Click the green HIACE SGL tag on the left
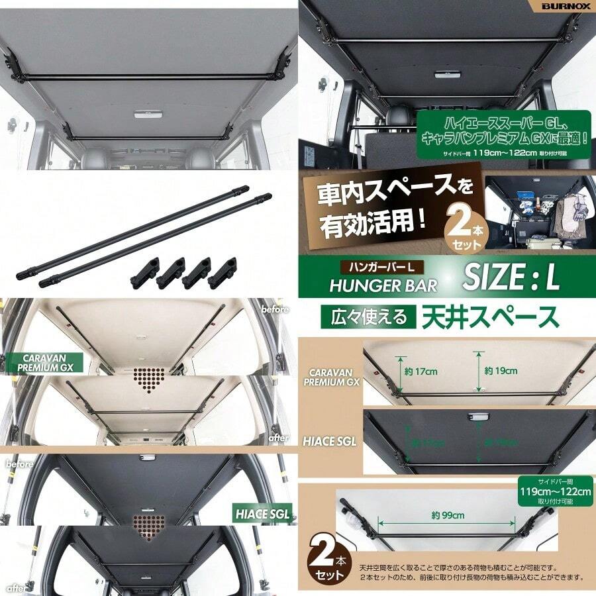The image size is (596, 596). (x=262, y=513)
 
